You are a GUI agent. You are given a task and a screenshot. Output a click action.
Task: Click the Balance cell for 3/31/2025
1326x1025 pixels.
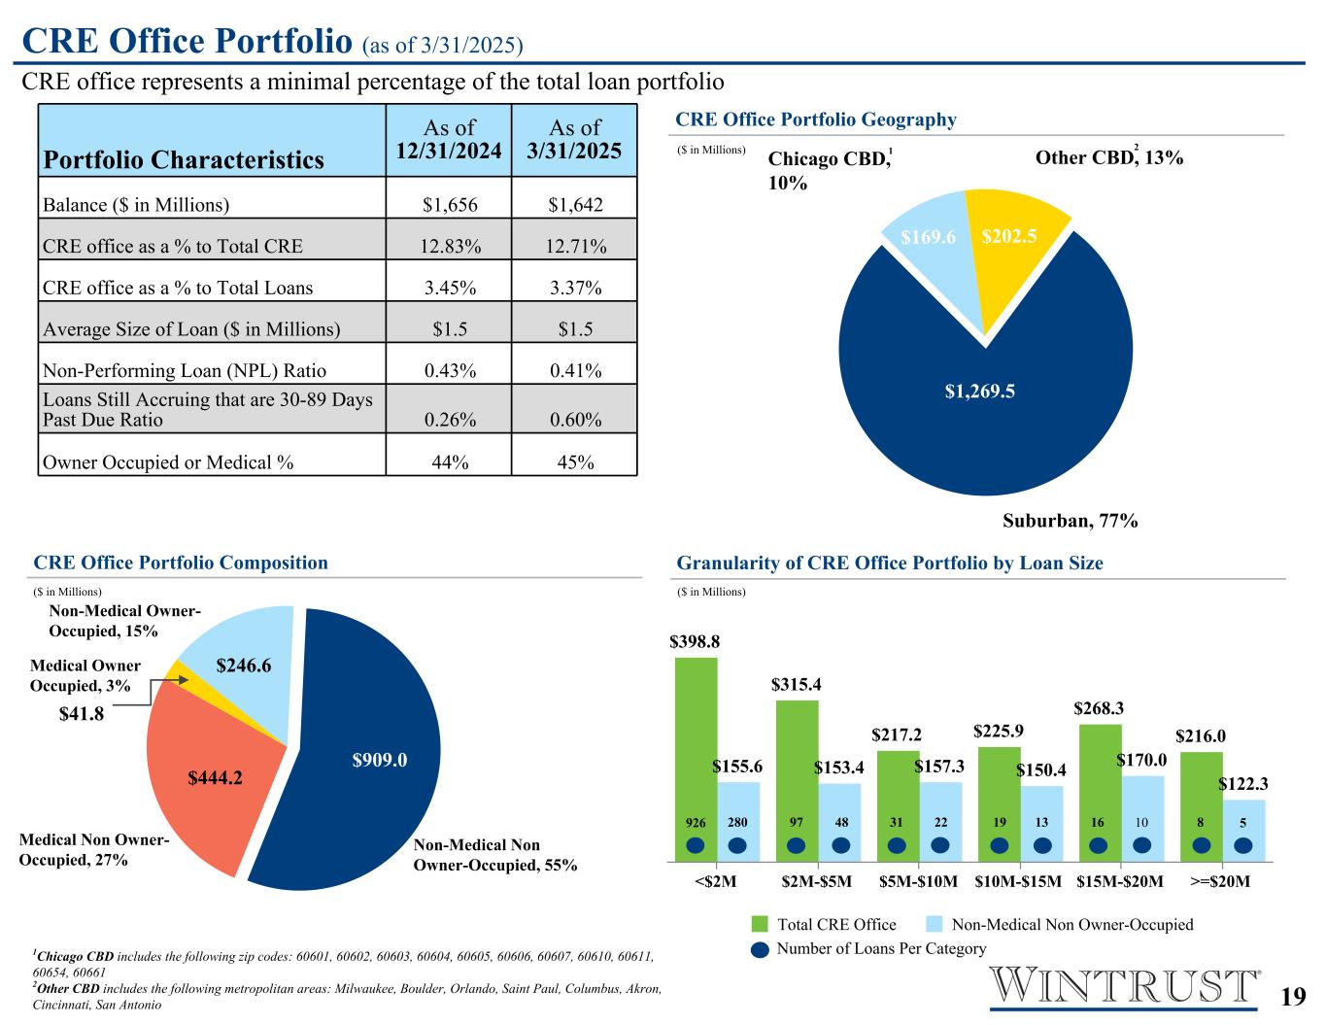pyautogui.click(x=575, y=205)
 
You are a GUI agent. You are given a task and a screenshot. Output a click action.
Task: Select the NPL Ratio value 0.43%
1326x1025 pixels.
pyautogui.click(x=449, y=370)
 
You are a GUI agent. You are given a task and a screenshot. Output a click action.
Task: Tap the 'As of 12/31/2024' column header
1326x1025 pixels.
pyautogui.click(x=449, y=139)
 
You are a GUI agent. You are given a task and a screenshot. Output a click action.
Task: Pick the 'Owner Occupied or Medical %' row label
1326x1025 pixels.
pyautogui.click(x=168, y=462)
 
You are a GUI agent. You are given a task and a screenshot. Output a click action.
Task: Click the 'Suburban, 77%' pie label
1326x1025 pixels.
pyautogui.click(x=1070, y=521)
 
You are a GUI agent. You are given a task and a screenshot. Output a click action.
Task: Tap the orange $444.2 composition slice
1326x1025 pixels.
pyautogui.click(x=215, y=776)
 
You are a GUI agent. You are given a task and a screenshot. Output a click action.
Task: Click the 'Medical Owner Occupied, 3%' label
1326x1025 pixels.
pyautogui.click(x=85, y=675)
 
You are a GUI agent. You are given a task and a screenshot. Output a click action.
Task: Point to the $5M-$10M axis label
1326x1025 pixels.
pyautogui.click(x=918, y=882)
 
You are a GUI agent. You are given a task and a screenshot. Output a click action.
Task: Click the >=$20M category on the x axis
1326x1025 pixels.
pyautogui.click(x=1220, y=882)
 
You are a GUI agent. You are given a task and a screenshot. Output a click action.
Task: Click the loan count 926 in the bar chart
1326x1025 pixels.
pyautogui.click(x=695, y=823)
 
